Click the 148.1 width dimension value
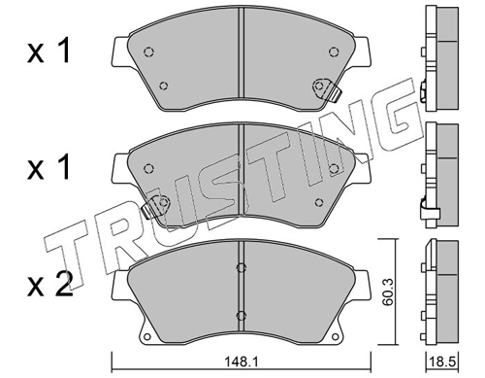click(x=242, y=361)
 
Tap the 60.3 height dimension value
click(x=387, y=293)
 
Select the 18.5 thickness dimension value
click(x=442, y=361)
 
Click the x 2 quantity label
click(x=49, y=285)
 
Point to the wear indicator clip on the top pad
click(x=327, y=89)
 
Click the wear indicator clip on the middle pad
click(x=156, y=205)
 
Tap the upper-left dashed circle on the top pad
click(x=148, y=52)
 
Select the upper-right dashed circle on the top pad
click(x=334, y=52)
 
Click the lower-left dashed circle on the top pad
click(x=164, y=86)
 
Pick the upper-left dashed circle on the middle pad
click(x=148, y=168)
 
